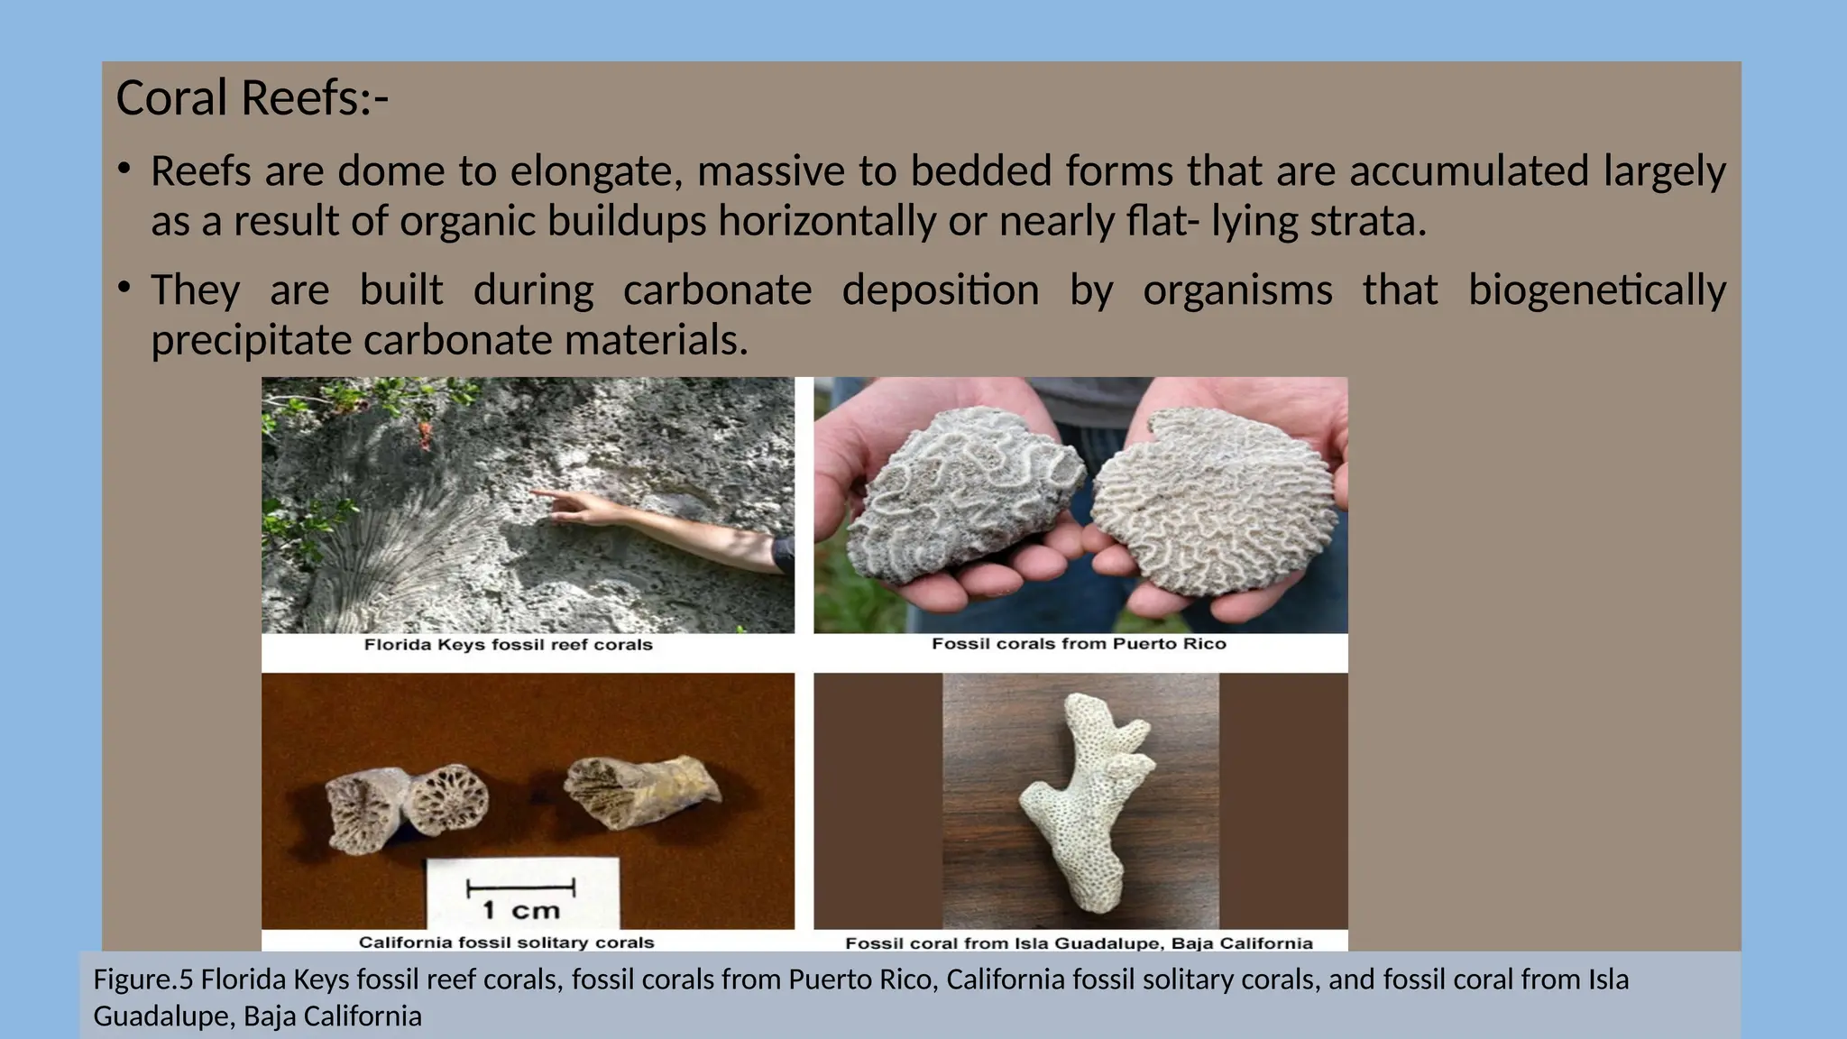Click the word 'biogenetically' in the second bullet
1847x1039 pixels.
coord(1596,290)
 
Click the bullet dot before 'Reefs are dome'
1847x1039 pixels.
coord(124,169)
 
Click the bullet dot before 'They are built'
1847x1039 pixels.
coord(124,288)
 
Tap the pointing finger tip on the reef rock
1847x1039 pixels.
coord(535,493)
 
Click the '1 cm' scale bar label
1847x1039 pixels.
coord(521,909)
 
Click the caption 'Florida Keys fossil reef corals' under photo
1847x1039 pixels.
coord(508,645)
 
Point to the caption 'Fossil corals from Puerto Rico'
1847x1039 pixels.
coord(1079,644)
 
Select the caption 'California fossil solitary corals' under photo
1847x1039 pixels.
coord(506,942)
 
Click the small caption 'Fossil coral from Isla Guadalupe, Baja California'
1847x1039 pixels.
coord(1079,943)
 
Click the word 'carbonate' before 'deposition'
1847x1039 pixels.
coord(717,290)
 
